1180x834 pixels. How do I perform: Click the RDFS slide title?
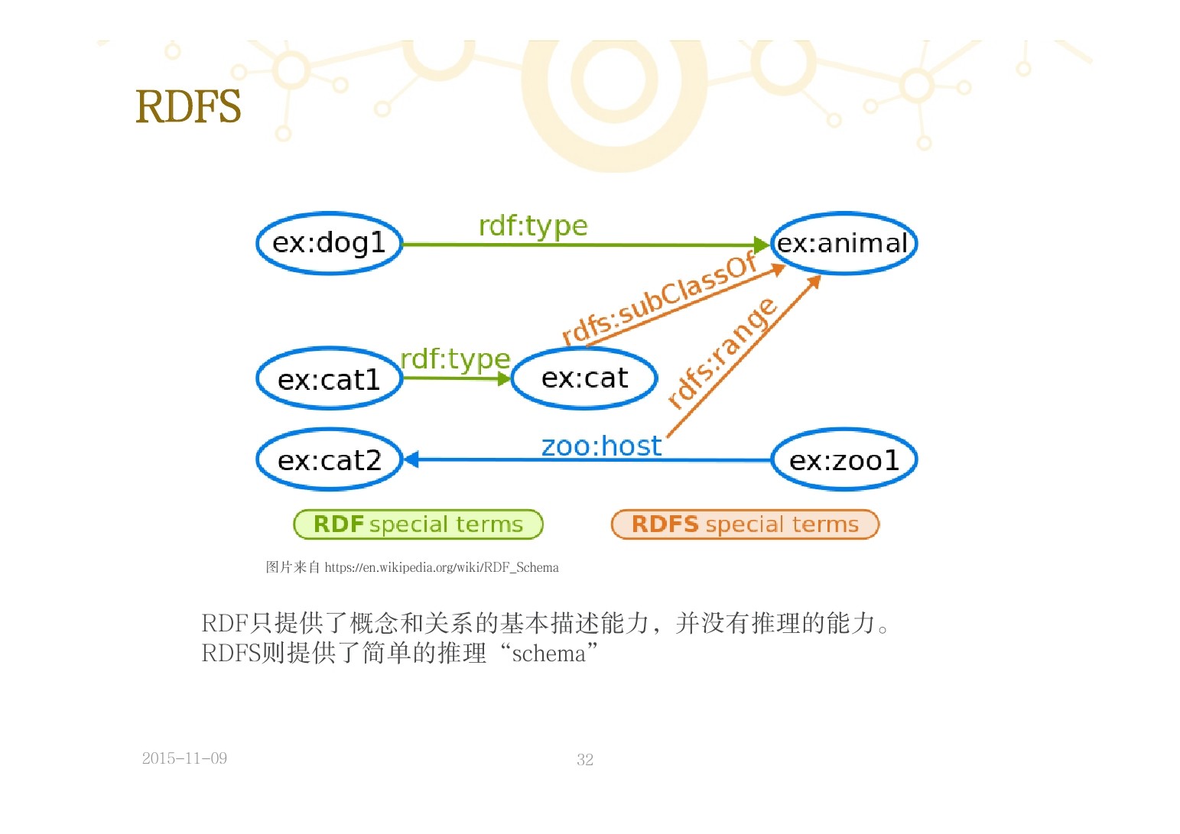188,107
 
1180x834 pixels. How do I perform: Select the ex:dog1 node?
329,243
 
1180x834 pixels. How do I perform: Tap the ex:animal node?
843,243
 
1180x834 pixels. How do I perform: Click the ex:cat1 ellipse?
329,379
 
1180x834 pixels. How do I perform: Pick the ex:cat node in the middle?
584,378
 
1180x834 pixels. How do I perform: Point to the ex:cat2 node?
329,460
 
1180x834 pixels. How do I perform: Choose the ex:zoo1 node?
844,460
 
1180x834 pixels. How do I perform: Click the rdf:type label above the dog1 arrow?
533,226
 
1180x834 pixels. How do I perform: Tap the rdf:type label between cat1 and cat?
455,359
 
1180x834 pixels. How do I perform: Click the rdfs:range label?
721,352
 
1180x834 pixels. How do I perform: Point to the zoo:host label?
601,446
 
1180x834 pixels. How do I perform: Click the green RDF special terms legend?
418,524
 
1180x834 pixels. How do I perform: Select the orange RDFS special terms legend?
745,524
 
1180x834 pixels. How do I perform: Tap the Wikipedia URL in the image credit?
441,567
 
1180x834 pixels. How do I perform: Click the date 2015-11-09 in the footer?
184,758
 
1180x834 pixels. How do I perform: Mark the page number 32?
585,759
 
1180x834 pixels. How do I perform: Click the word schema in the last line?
548,654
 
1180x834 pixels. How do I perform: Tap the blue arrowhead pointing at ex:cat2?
411,459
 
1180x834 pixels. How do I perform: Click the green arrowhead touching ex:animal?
761,245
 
